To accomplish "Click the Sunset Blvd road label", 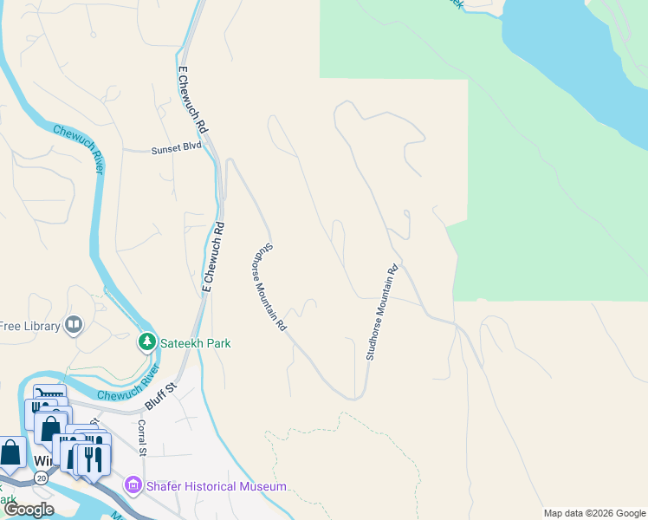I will pyautogui.click(x=176, y=148).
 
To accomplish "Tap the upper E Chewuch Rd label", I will pyautogui.click(x=192, y=101).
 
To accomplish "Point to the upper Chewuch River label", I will pyautogui.click(x=78, y=148).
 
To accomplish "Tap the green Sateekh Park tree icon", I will pyautogui.click(x=148, y=343).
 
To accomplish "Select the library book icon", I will pyautogui.click(x=74, y=326).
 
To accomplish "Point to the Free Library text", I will pyautogui.click(x=29, y=326).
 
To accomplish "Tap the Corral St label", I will pyautogui.click(x=142, y=438).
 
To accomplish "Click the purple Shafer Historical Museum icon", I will pyautogui.click(x=133, y=486).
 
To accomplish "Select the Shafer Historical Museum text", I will pyautogui.click(x=215, y=486).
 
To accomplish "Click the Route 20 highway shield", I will pyautogui.click(x=41, y=478).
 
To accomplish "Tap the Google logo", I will pyautogui.click(x=28, y=510).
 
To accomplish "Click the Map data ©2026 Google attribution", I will pyautogui.click(x=593, y=513).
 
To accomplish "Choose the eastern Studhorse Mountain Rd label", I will pyautogui.click(x=381, y=313).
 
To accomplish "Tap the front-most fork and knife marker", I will pyautogui.click(x=94, y=457).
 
